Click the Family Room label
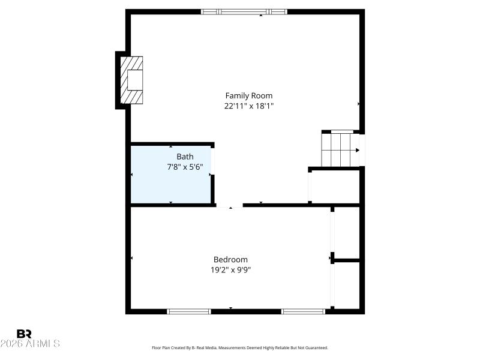pos(248,95)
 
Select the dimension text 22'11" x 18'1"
pos(248,106)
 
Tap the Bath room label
pos(185,157)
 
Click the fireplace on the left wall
pos(131,80)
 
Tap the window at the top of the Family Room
pos(244,11)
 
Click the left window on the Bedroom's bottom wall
pos(188,311)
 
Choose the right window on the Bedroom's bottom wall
pos(303,311)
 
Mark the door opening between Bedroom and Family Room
pos(230,206)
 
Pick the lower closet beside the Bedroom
pos(347,286)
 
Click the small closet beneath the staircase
pos(335,187)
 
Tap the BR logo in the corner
pos(24,334)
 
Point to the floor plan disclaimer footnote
pos(240,347)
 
